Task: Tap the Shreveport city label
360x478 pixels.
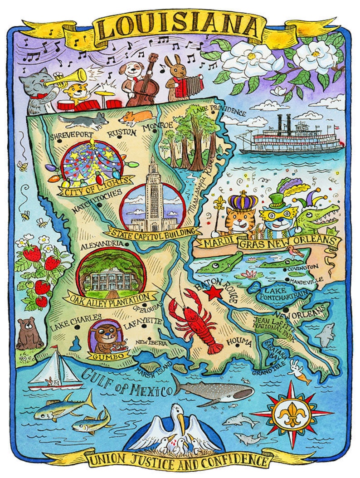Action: (x=71, y=135)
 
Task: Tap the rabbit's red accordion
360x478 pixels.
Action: (x=180, y=86)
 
